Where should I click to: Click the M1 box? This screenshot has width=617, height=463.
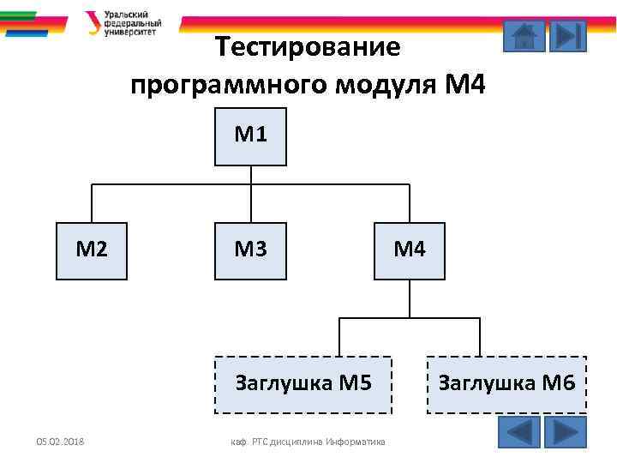pyautogui.click(x=250, y=135)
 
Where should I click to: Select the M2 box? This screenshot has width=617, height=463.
pyautogui.click(x=92, y=250)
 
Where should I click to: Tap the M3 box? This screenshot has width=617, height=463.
pyautogui.click(x=250, y=250)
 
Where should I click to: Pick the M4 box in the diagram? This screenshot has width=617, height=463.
pyautogui.click(x=410, y=250)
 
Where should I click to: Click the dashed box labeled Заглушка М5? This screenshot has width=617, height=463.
pyautogui.click(x=303, y=384)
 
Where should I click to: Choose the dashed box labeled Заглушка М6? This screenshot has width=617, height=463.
pyautogui.click(x=506, y=384)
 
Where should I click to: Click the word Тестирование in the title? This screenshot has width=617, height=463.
pyautogui.click(x=308, y=46)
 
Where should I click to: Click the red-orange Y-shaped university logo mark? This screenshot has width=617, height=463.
pyautogui.click(x=93, y=22)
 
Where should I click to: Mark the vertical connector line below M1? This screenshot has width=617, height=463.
pyautogui.click(x=250, y=175)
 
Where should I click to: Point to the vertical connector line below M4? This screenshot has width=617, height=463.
pyautogui.click(x=410, y=298)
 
